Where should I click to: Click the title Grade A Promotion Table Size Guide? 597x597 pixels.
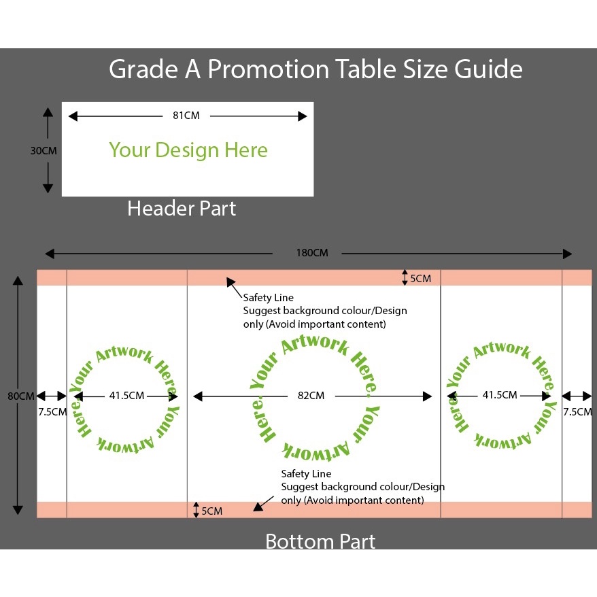click(315, 69)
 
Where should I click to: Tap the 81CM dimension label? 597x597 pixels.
click(186, 116)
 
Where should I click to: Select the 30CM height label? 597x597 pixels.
click(44, 151)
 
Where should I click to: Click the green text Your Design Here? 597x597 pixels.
click(188, 150)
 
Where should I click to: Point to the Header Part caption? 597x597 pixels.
click(182, 209)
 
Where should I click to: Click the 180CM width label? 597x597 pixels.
click(311, 254)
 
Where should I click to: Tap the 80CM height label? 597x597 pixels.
click(20, 396)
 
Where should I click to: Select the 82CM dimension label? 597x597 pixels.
click(311, 396)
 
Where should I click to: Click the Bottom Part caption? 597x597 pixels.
click(320, 541)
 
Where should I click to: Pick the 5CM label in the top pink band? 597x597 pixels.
click(420, 278)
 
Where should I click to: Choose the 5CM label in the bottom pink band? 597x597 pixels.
click(212, 511)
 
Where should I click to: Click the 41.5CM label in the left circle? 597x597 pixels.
click(126, 396)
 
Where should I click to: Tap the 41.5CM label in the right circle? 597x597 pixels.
click(500, 395)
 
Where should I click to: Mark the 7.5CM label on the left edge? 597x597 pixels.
click(52, 411)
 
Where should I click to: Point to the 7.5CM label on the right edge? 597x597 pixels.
click(577, 411)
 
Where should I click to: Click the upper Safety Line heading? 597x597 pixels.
click(269, 298)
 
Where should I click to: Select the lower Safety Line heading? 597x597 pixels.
click(307, 473)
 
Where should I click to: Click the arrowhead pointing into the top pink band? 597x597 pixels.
click(230, 281)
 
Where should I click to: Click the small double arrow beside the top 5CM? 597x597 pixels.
click(405, 277)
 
